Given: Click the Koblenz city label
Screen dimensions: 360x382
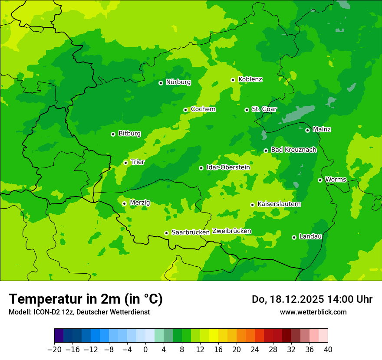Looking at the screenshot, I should [250, 79].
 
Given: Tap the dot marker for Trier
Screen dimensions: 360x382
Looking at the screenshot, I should [125, 163].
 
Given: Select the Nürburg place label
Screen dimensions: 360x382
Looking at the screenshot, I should [178, 82].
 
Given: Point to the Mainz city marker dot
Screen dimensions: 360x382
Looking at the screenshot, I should [307, 130].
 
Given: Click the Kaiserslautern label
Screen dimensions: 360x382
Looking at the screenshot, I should [279, 204].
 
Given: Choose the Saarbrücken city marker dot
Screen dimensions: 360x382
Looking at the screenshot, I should [166, 233].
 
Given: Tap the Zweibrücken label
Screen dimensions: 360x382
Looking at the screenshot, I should [231, 231].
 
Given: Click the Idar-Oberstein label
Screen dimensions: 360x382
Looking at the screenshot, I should [228, 167].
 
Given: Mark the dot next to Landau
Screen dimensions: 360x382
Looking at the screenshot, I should [294, 237].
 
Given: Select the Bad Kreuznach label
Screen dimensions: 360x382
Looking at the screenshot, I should [293, 150].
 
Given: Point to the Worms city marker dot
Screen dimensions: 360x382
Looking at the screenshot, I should [320, 180].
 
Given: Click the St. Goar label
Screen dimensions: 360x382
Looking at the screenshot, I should [264, 109].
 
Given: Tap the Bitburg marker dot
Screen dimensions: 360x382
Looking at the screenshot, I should [113, 134].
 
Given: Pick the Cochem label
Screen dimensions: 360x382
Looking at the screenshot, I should [203, 109].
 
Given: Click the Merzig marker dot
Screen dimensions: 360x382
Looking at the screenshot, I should [124, 203].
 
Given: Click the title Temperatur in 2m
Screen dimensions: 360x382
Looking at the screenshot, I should [86, 299].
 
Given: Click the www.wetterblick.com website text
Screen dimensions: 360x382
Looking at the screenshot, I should [313, 312].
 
